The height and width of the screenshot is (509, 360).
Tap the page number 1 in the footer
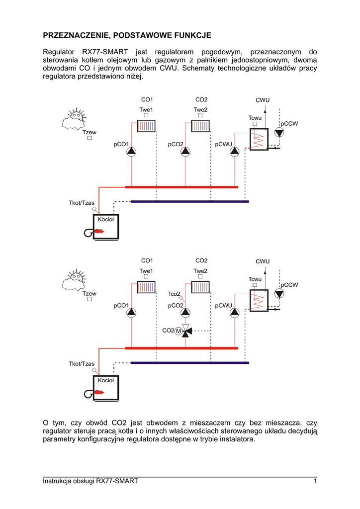pos(315,481)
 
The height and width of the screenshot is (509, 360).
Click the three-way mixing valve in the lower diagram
pos(185,331)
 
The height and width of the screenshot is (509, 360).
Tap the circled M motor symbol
pos(178,331)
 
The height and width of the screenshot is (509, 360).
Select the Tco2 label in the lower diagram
pos(174,294)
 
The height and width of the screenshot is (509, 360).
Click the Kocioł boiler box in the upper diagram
pos(106,227)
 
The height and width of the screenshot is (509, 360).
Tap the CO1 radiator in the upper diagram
pos(147,125)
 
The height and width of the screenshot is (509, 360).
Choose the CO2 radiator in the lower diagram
pos(201,287)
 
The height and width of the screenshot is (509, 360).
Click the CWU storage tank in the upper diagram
pos(258,139)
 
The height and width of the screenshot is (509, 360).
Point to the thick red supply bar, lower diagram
pos(181,348)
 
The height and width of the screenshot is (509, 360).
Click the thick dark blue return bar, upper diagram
pos(189,201)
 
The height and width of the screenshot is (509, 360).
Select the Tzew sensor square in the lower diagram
pos(90,300)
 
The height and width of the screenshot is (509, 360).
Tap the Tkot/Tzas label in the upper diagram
pos(82,203)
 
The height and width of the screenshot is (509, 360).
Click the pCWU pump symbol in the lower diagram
pos(235,313)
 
